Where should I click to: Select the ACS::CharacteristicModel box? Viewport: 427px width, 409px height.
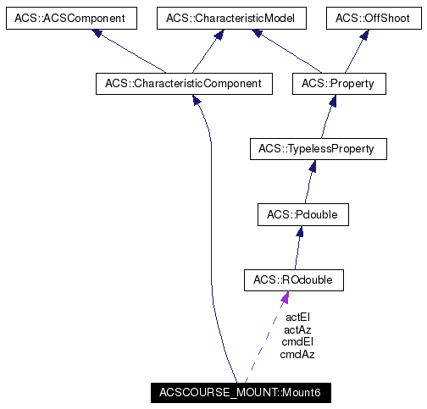pyautogui.click(x=230, y=18)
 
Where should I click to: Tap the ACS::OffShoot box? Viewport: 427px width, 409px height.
pyautogui.click(x=370, y=18)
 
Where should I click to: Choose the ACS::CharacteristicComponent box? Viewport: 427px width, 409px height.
pyautogui.click(x=184, y=83)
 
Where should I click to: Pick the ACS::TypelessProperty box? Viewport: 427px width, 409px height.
pyautogui.click(x=318, y=149)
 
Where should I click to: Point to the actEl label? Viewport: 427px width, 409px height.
pyautogui.click(x=297, y=317)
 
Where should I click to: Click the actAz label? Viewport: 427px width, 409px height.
pyautogui.click(x=297, y=329)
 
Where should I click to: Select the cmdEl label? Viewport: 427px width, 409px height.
pyautogui.click(x=297, y=342)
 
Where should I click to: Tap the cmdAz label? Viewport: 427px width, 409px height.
pyautogui.click(x=297, y=355)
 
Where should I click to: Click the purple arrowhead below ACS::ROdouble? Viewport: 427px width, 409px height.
pyautogui.click(x=286, y=297)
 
